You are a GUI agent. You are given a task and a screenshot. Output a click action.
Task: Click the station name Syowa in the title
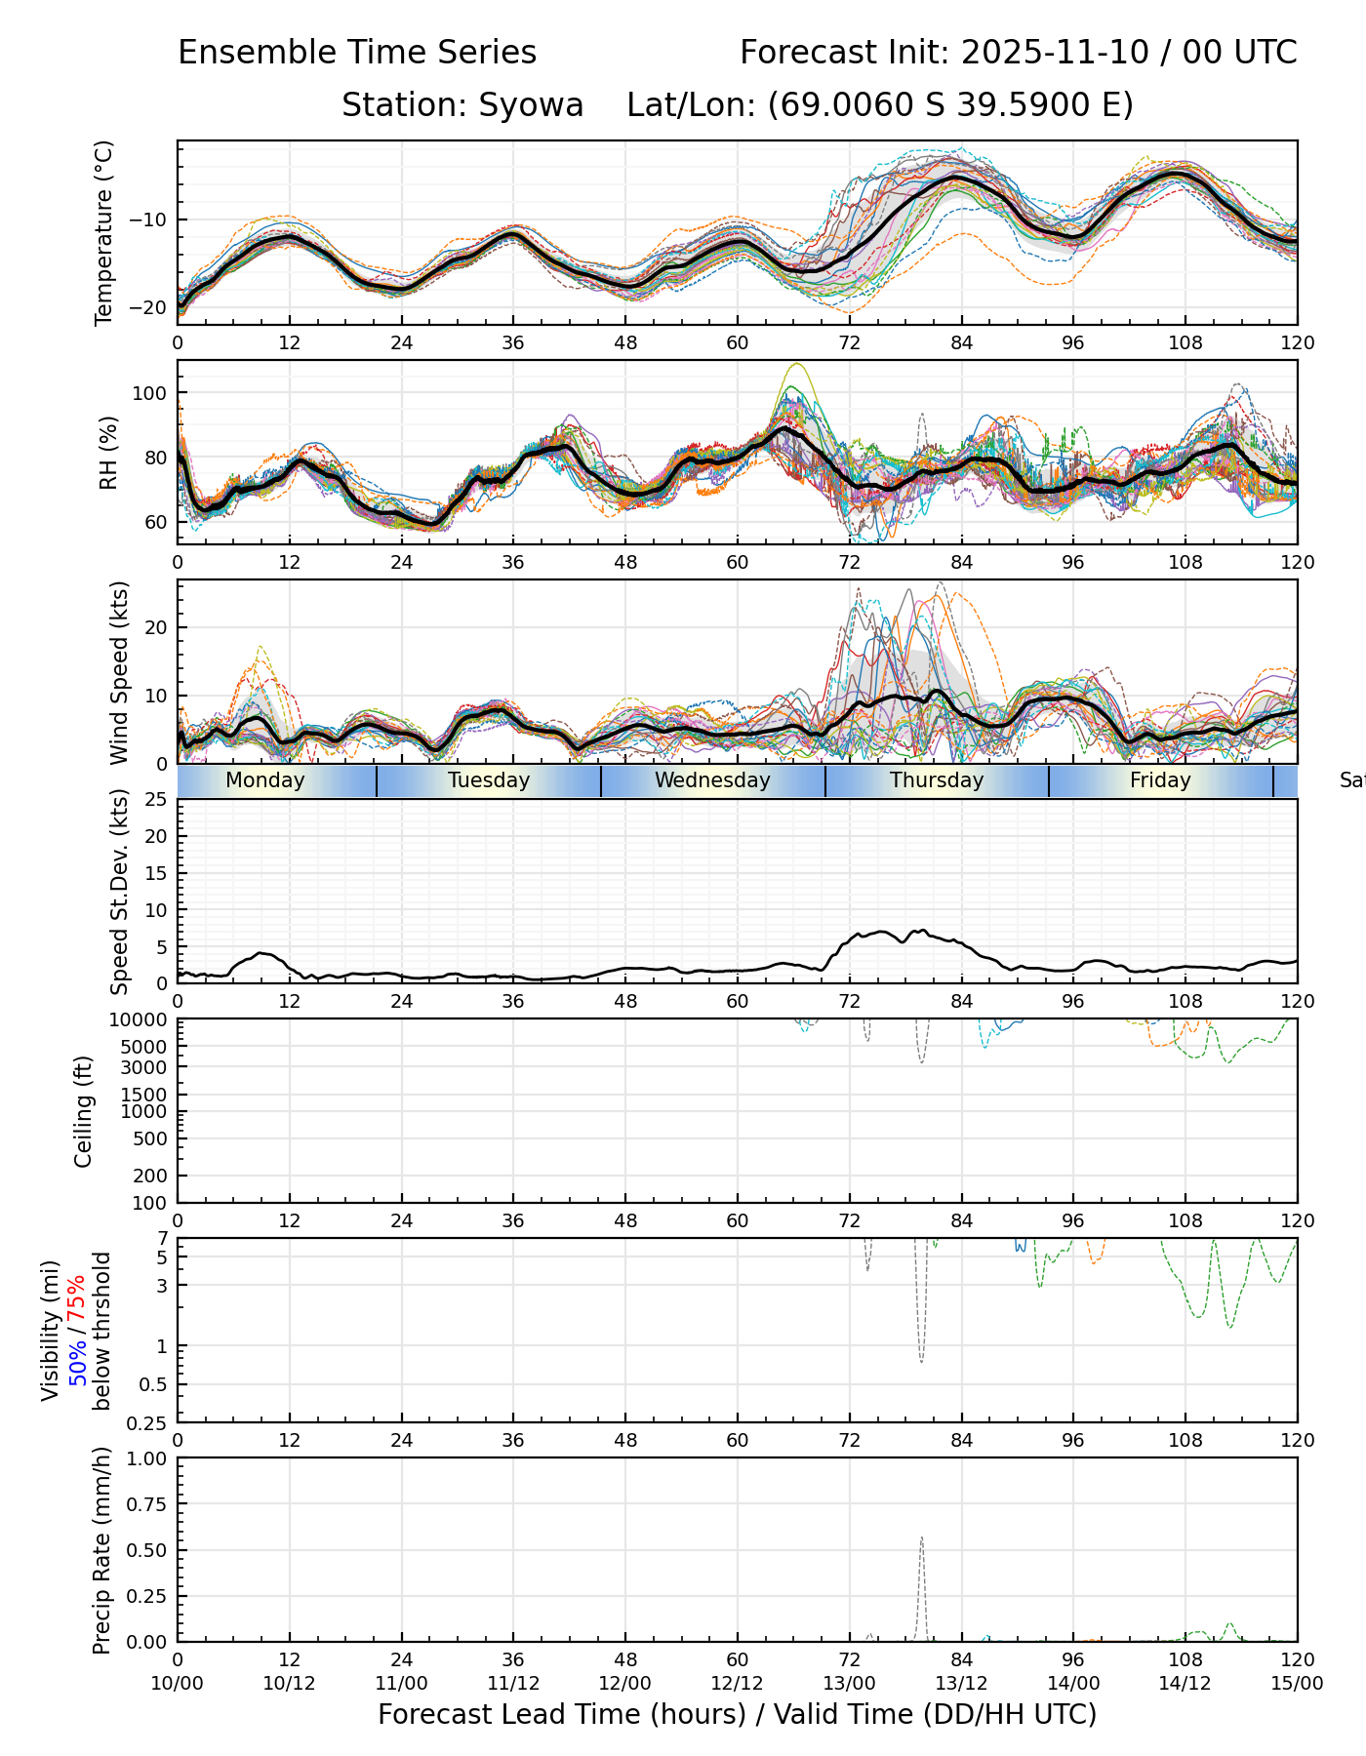click(x=531, y=104)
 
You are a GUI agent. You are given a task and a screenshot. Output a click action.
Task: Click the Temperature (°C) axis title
click(x=104, y=232)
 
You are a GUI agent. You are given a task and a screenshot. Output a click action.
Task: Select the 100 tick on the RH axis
click(x=154, y=393)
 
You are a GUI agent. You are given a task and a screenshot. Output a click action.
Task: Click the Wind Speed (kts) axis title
click(x=119, y=672)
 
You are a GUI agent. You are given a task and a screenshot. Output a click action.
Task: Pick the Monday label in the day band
click(x=264, y=780)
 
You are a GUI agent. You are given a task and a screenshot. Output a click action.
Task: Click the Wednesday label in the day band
click(x=712, y=780)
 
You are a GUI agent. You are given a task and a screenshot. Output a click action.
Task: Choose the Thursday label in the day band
click(x=937, y=780)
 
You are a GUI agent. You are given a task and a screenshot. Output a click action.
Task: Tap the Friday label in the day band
click(x=1160, y=780)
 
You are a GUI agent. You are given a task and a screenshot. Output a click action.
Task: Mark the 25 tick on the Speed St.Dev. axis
click(x=156, y=800)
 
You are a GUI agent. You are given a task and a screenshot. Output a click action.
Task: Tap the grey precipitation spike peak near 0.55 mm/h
click(x=921, y=1538)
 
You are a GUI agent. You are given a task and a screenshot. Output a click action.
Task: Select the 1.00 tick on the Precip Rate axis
click(x=146, y=1458)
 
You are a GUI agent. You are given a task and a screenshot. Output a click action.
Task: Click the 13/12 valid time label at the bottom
click(x=961, y=1683)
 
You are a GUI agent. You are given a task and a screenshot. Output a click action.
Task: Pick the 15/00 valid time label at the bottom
click(x=1297, y=1683)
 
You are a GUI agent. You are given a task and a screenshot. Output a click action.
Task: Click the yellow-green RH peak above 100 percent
click(x=797, y=364)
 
